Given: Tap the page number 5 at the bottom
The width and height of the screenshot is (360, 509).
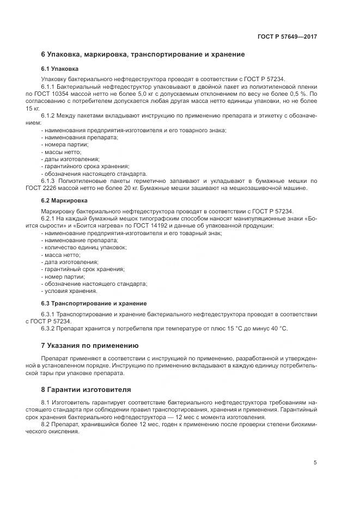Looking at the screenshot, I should point(315,463).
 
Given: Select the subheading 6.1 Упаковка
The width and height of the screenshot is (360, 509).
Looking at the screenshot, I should point(59,69).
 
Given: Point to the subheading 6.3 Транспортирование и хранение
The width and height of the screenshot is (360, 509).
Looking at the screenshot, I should point(94,303).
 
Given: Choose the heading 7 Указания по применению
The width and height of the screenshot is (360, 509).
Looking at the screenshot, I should point(90,346).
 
